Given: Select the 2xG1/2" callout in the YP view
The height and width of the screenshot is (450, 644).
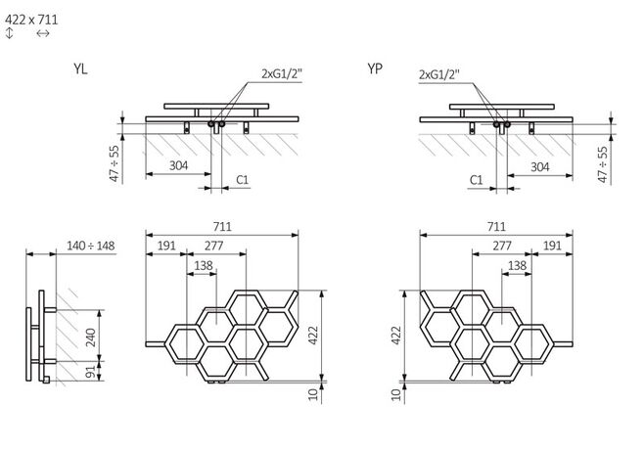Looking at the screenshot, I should [439, 74].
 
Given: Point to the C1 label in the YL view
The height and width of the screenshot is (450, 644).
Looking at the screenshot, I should [242, 180].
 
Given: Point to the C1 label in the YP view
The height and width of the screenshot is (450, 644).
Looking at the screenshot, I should [477, 180].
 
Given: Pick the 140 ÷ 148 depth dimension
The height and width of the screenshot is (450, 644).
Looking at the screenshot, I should [92, 245].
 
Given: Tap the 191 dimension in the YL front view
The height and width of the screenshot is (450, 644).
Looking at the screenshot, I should [165, 246].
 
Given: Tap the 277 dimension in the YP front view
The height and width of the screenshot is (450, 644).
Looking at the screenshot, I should [503, 246].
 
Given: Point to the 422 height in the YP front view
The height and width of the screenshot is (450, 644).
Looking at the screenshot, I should [395, 336].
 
